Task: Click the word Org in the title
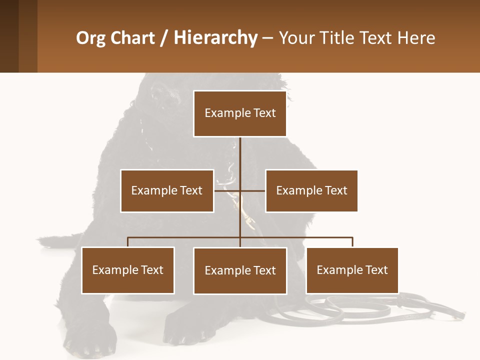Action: click(90, 38)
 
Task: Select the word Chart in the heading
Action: click(130, 38)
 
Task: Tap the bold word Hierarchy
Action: click(215, 38)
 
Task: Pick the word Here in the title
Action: click(416, 38)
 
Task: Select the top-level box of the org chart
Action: click(240, 113)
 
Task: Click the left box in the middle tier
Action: click(167, 190)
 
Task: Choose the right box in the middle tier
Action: click(311, 190)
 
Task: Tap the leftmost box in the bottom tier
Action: click(128, 270)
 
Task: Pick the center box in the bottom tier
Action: click(240, 270)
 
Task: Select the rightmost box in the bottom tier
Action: click(352, 270)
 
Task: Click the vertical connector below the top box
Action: click(240, 155)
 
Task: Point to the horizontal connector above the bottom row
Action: click(185, 238)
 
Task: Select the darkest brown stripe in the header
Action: click(9, 36)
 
